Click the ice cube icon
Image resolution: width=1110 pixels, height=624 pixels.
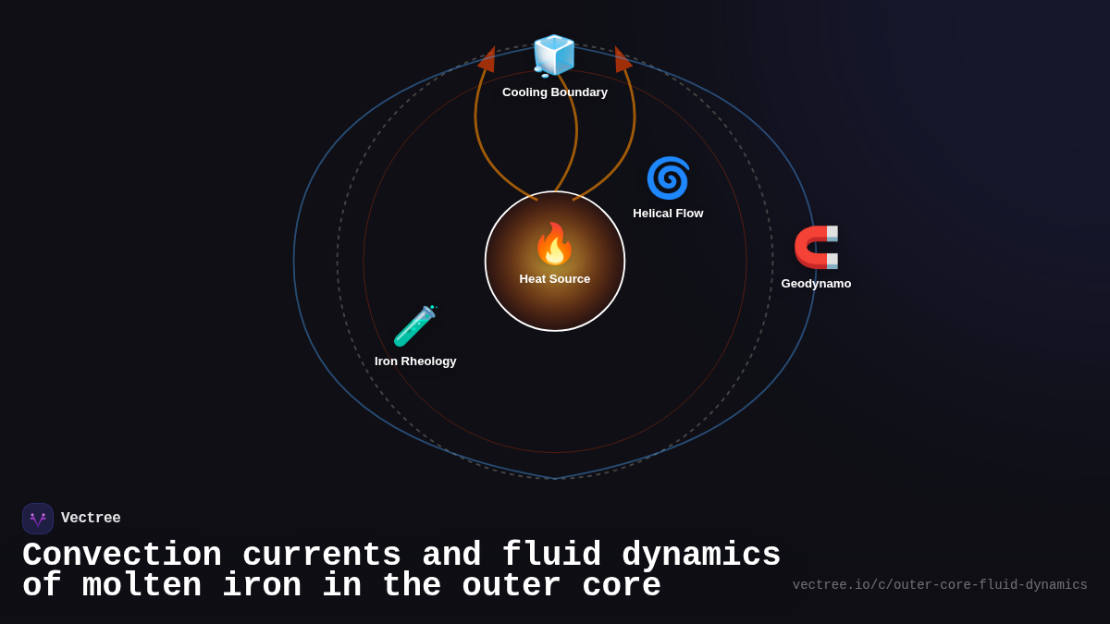click(554, 55)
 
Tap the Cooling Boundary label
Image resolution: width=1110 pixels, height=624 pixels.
click(555, 92)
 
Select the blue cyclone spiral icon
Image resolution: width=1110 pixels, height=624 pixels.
click(668, 177)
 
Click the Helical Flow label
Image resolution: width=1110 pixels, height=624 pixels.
click(668, 214)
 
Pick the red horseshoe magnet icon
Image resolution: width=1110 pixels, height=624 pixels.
click(816, 248)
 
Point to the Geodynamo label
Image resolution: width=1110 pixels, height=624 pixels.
click(816, 284)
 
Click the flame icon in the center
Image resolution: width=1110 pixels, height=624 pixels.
click(554, 244)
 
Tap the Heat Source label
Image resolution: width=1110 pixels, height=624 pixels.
click(555, 279)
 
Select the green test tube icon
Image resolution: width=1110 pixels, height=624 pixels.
click(414, 325)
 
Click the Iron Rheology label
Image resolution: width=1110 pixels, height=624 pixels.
click(415, 361)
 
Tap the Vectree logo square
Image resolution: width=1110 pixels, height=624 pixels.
click(38, 519)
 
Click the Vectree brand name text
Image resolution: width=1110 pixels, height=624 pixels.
click(91, 519)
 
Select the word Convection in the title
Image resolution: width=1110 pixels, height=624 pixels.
click(122, 556)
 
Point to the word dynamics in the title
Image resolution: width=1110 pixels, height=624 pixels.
click(701, 556)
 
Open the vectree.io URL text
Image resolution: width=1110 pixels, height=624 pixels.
click(940, 585)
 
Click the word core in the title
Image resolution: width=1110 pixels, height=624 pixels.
click(622, 586)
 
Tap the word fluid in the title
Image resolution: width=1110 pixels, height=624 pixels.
click(551, 556)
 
